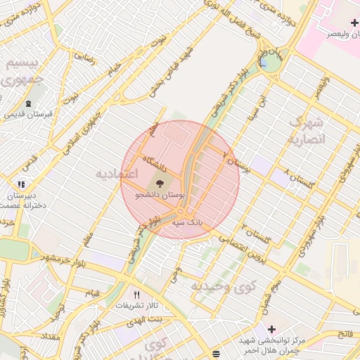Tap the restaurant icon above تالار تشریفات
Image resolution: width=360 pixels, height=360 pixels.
click(x=136, y=295)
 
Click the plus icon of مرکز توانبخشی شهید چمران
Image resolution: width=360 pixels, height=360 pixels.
click(x=271, y=329)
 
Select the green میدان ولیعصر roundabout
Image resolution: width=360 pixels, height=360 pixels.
click(x=269, y=62)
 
